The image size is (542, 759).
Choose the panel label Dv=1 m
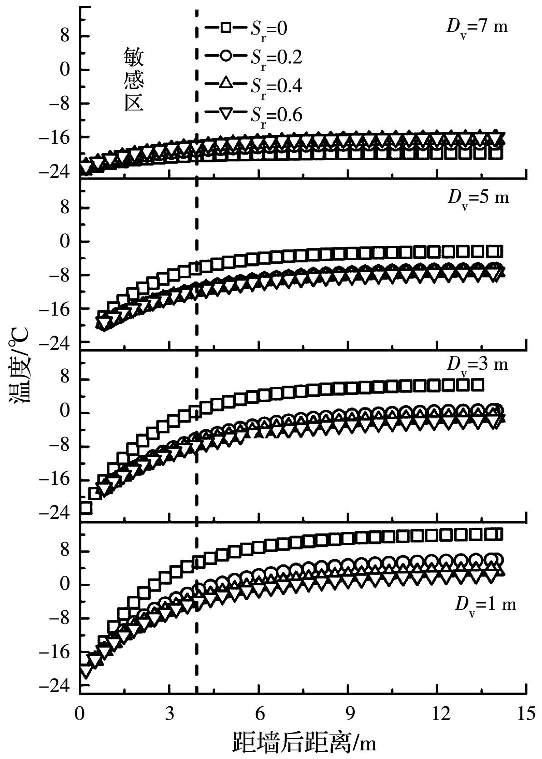pyautogui.click(x=485, y=605)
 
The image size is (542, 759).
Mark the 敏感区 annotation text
pyautogui.click(x=134, y=81)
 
